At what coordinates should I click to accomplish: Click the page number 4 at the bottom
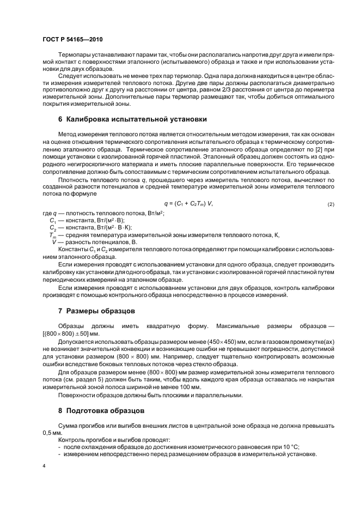(x=45, y=466)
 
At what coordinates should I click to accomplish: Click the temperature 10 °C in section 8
(x=289, y=447)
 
